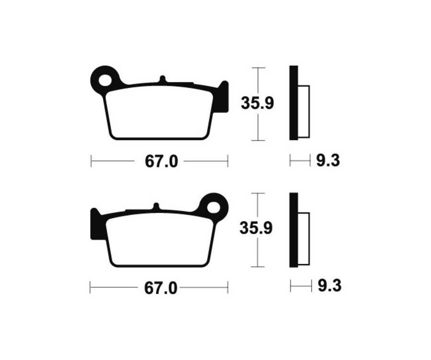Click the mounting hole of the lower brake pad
tap(214, 207)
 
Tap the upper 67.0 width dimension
tap(161, 162)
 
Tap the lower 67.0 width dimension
tap(161, 288)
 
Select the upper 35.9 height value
tap(257, 103)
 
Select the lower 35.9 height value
tap(256, 228)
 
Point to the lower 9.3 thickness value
tap(329, 286)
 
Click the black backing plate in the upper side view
tap(294, 103)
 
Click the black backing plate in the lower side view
tap(294, 230)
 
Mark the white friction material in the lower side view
tap(304, 238)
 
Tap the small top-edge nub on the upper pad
tap(162, 79)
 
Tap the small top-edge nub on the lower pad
tap(155, 206)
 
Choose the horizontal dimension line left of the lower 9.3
tap(300, 287)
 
